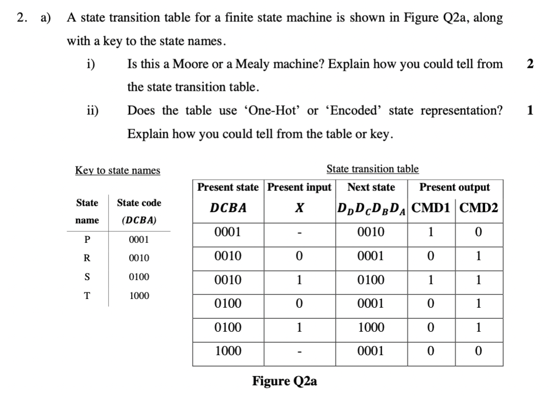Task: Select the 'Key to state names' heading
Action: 117,170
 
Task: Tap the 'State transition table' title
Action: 372,168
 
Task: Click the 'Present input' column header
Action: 300,187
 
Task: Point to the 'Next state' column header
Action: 371,187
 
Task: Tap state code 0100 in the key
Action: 139,277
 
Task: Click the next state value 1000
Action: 371,328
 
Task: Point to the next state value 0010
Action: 371,232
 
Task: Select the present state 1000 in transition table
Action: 228,351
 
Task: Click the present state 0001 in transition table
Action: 228,232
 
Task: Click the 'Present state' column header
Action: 228,187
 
